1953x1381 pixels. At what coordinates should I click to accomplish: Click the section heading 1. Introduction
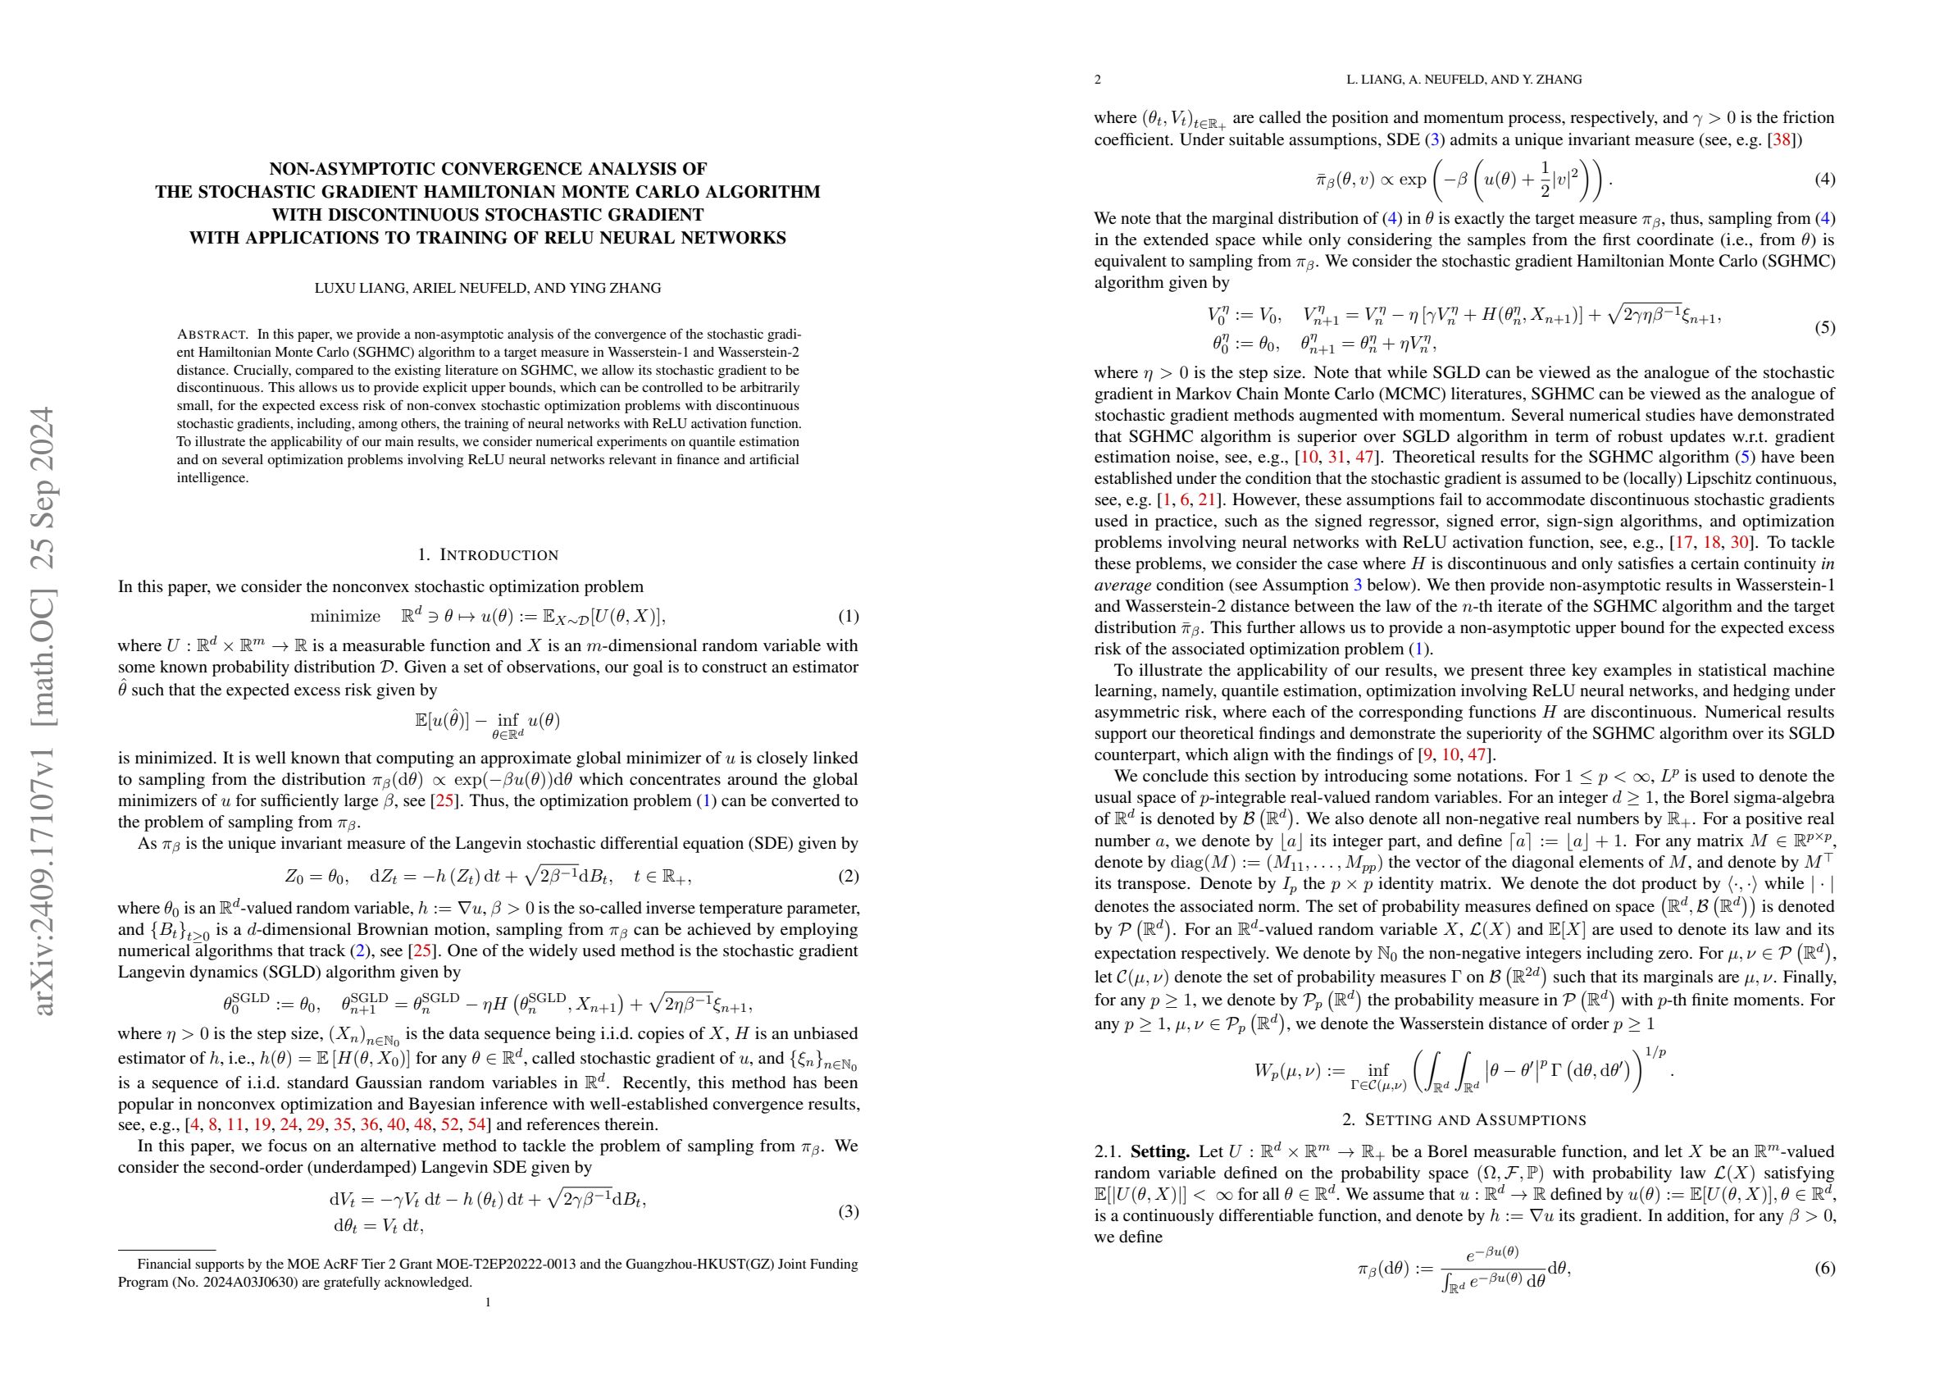pos(489,556)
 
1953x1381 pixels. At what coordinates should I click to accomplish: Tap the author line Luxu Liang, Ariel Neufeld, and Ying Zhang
pos(487,288)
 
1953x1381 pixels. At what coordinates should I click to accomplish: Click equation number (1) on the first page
pos(848,617)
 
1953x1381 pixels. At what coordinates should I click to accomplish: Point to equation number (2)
pos(848,877)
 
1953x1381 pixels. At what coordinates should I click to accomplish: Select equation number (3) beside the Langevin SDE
pos(848,1212)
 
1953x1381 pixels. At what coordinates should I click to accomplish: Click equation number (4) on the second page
pos(1824,180)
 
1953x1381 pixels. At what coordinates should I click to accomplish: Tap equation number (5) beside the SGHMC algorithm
pos(1824,327)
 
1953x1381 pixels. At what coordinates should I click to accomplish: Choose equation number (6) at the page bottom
pos(1824,1269)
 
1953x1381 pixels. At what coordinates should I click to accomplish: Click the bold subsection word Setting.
pos(1159,1152)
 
